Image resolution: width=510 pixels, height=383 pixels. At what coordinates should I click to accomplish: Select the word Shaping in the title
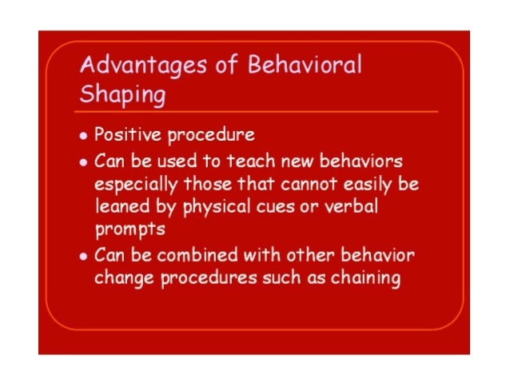click(x=123, y=95)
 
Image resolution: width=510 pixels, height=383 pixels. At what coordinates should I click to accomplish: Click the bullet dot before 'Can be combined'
click(x=84, y=257)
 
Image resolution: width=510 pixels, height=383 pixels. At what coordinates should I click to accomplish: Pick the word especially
click(x=137, y=186)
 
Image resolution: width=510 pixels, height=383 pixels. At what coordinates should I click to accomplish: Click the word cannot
click(x=309, y=185)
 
